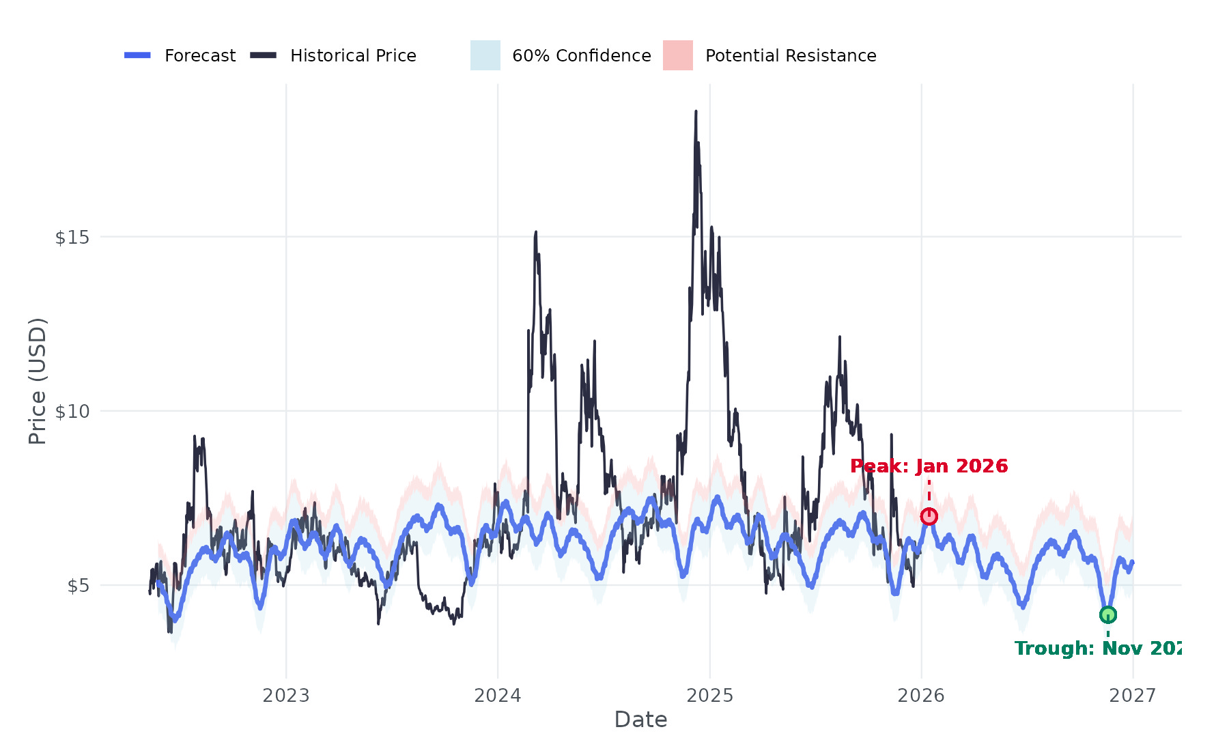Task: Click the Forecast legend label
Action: point(200,56)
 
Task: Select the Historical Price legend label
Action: point(353,56)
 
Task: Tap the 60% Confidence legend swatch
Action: point(485,55)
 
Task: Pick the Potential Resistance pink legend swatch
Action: point(678,55)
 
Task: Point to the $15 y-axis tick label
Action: point(72,238)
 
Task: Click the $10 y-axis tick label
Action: point(72,412)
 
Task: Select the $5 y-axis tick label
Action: point(79,586)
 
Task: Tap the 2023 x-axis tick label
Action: point(286,696)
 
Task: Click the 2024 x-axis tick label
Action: point(498,696)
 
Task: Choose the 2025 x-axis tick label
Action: point(709,696)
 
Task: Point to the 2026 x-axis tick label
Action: point(921,696)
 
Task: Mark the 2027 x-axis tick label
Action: point(1133,696)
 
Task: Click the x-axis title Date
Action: point(640,720)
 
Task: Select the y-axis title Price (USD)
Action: point(38,381)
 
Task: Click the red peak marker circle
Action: point(929,516)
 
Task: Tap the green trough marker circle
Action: point(1107,614)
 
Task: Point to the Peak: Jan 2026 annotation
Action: point(929,466)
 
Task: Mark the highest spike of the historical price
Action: point(696,111)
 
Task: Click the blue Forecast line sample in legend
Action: point(137,55)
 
